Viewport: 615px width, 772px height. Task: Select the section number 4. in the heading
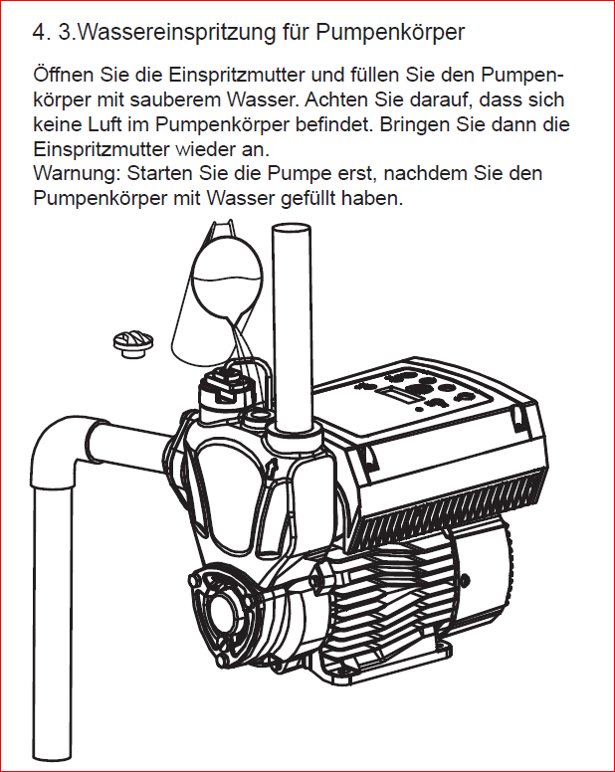pyautogui.click(x=41, y=33)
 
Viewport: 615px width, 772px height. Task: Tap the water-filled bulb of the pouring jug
pyautogui.click(x=226, y=280)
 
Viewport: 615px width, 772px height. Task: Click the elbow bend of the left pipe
pyautogui.click(x=60, y=444)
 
